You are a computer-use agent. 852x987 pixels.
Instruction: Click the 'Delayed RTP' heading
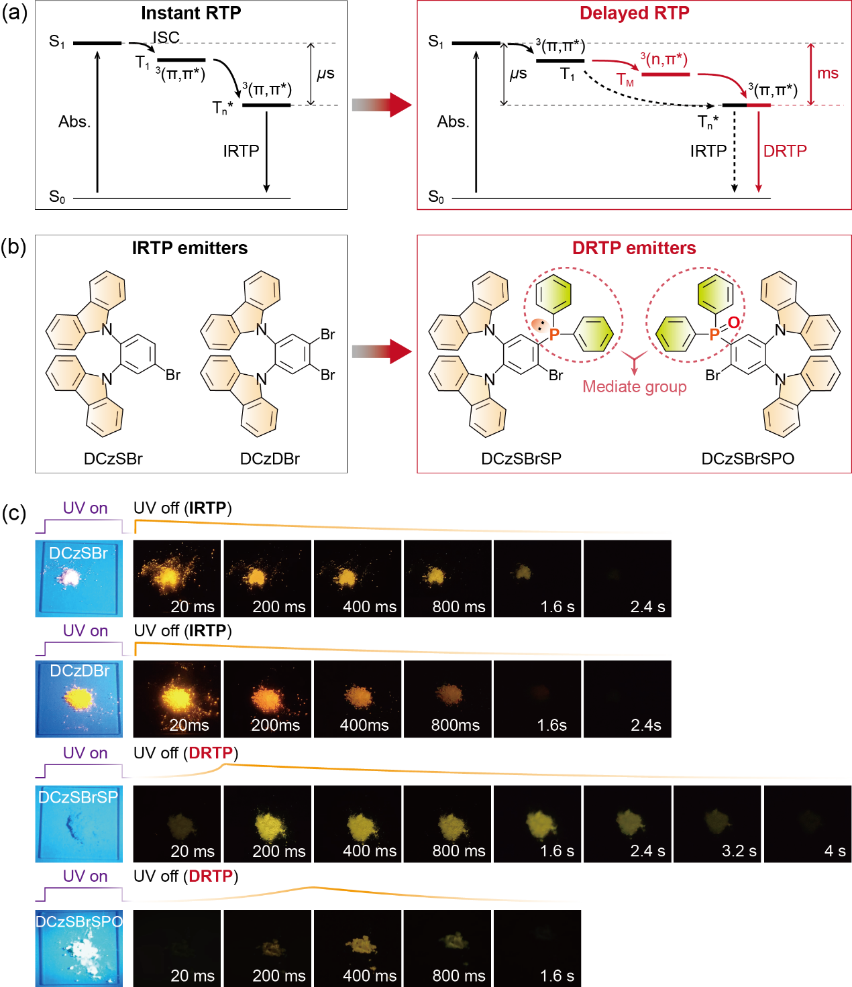pos(634,13)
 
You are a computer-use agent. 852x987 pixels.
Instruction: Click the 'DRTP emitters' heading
pos(634,248)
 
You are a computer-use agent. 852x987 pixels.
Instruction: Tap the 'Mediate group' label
pos(634,387)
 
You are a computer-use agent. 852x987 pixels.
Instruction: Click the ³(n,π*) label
pos(664,60)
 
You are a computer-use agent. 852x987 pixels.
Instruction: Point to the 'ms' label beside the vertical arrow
pos(828,73)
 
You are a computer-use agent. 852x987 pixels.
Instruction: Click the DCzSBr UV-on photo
pos(79,578)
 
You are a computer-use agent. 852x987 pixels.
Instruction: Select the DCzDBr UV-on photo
pos(79,699)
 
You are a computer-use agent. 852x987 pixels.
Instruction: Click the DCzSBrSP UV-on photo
pos(79,823)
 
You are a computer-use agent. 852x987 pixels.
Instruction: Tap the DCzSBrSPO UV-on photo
pos(79,947)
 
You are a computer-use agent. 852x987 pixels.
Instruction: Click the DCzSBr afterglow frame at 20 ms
pos(177,578)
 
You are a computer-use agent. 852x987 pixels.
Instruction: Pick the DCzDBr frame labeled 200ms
pos(267,699)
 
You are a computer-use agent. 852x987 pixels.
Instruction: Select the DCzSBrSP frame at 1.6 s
pos(537,823)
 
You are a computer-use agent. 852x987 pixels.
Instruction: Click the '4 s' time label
pos(835,851)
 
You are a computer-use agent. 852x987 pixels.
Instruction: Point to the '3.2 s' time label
pos(739,851)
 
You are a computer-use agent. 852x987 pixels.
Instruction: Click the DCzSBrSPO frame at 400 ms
pos(358,947)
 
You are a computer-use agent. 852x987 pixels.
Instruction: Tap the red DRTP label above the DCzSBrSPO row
pos(211,876)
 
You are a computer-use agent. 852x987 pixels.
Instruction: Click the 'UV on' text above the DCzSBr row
pos(85,508)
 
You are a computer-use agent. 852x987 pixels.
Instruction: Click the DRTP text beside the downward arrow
pos(785,151)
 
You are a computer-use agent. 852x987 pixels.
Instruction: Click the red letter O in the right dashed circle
pos(734,323)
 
